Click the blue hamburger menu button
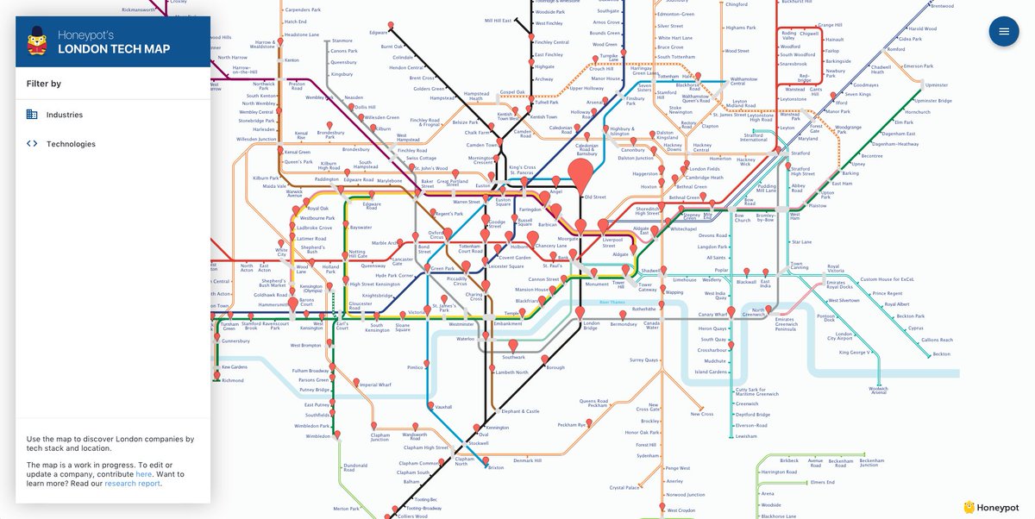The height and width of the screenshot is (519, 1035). (x=1003, y=32)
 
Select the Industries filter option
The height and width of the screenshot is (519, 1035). (x=64, y=115)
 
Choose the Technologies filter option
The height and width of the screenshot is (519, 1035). (x=71, y=144)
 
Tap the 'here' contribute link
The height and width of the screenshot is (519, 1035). (x=143, y=474)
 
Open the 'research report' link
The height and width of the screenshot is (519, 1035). (x=132, y=484)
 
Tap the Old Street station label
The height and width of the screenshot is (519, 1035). (x=595, y=197)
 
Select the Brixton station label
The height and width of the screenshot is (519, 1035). (x=496, y=467)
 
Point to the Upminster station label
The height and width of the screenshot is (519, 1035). (x=936, y=85)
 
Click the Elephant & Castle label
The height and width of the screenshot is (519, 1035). (x=520, y=411)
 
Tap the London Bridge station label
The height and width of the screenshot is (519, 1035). (x=590, y=326)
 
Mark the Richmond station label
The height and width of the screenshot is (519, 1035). (x=233, y=379)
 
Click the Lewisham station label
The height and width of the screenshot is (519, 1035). (x=746, y=436)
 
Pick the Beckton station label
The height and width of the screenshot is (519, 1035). (x=941, y=354)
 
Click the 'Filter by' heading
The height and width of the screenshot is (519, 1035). (x=44, y=84)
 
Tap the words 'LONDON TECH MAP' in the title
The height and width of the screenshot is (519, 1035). (x=113, y=49)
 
